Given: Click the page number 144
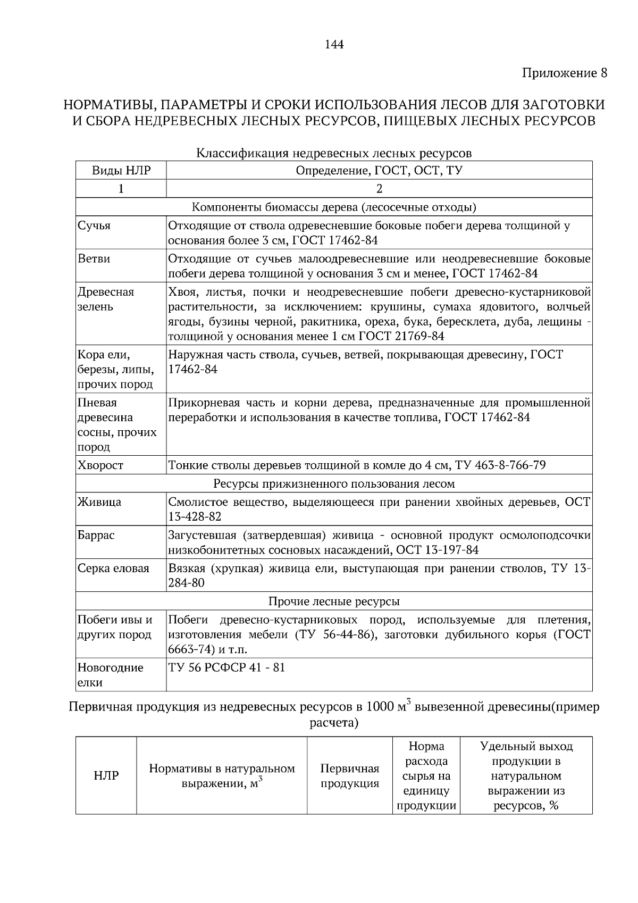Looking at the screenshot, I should click(334, 45).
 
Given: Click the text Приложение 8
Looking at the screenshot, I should click(564, 73).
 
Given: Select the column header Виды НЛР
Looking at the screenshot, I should click(121, 171).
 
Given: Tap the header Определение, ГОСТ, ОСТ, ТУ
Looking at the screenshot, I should click(379, 171).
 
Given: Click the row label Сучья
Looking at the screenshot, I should click(94, 225).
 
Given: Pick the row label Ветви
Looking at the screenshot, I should click(94, 259).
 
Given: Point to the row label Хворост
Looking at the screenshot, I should click(100, 465).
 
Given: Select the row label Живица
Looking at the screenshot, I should click(99, 502).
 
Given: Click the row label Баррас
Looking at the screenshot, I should click(96, 535).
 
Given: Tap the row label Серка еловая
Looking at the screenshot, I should click(113, 568).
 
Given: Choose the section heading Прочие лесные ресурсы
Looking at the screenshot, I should click(334, 601).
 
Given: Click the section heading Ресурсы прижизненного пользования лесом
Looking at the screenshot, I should click(334, 484).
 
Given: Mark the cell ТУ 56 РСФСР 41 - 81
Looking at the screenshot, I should click(226, 667).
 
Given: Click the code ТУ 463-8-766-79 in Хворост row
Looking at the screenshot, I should click(500, 465).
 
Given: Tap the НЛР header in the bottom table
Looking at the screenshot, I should click(106, 776).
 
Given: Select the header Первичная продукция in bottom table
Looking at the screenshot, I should click(350, 776).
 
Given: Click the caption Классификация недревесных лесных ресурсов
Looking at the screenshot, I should click(334, 154).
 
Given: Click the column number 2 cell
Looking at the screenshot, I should click(379, 189).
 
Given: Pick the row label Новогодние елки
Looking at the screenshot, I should click(111, 675).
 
